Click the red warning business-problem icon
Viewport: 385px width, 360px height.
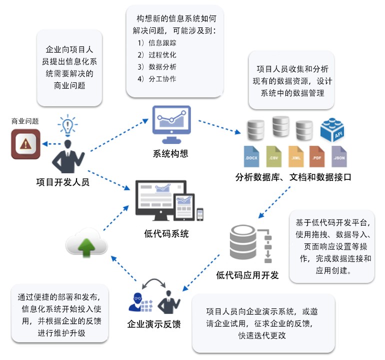[x=25, y=144]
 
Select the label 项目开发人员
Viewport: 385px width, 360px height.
[x=63, y=182]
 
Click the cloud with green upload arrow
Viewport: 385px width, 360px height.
[x=86, y=244]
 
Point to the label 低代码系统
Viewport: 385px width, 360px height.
[x=166, y=233]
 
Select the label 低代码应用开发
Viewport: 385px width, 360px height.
[x=247, y=275]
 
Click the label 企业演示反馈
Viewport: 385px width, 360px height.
[x=153, y=324]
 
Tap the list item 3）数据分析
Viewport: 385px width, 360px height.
[x=156, y=66]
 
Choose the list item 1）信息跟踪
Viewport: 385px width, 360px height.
[x=156, y=43]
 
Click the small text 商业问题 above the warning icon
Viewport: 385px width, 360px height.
[x=25, y=121]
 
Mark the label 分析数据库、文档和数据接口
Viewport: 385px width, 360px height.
[x=293, y=176]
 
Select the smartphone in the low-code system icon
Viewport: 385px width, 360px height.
[x=200, y=213]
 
